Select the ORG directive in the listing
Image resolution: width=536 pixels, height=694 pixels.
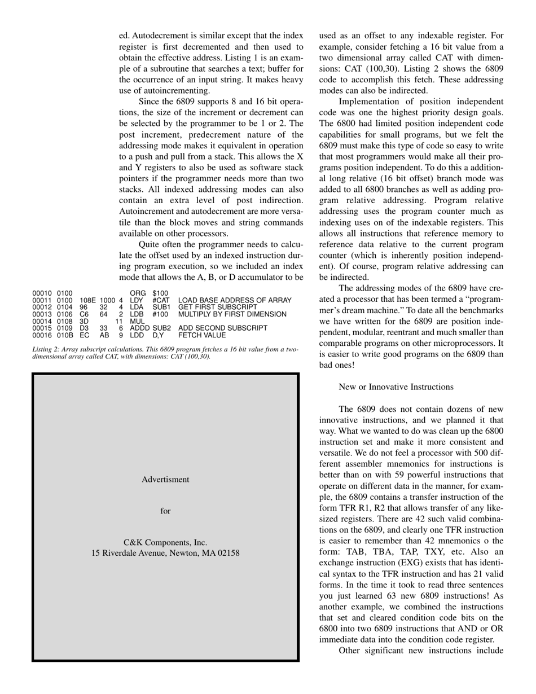tap(138, 293)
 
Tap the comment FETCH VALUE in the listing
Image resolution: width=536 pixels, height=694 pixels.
tap(202, 335)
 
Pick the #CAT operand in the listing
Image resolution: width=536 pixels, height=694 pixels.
tap(161, 300)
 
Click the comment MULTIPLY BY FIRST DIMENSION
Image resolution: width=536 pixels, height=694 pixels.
tap(232, 314)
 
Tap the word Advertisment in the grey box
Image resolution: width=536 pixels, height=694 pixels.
tap(165, 480)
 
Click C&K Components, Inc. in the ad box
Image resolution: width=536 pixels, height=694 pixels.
tap(165, 543)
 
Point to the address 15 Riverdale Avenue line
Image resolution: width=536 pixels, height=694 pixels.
tap(165, 553)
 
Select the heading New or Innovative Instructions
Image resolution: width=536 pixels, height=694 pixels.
tap(396, 386)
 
